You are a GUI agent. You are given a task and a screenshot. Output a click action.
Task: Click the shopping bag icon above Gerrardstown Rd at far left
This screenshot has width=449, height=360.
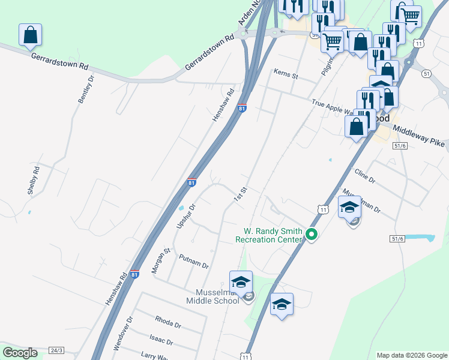pyautogui.click(x=30, y=35)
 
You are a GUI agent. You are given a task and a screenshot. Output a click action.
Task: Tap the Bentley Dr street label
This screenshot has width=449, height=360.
pyautogui.click(x=86, y=89)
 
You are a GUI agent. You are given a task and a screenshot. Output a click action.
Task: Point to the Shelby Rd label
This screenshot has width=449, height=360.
pyautogui.click(x=33, y=180)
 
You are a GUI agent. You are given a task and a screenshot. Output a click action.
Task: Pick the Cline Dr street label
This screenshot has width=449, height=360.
pyautogui.click(x=364, y=176)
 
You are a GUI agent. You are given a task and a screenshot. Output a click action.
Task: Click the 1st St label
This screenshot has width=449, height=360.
pyautogui.click(x=241, y=194)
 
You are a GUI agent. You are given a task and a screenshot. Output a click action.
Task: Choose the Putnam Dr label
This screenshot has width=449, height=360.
pyautogui.click(x=193, y=261)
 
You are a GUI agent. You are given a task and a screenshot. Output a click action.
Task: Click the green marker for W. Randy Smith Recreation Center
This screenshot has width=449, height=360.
pyautogui.click(x=311, y=235)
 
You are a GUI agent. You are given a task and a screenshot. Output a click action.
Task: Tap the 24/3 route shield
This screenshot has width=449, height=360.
pyautogui.click(x=56, y=350)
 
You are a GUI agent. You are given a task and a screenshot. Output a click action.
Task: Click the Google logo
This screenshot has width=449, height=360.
pyautogui.click(x=20, y=353)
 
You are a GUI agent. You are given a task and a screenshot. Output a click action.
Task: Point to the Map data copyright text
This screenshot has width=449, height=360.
pyautogui.click(x=411, y=355)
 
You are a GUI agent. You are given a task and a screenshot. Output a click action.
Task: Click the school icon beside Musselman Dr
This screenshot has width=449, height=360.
pyautogui.click(x=349, y=208)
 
